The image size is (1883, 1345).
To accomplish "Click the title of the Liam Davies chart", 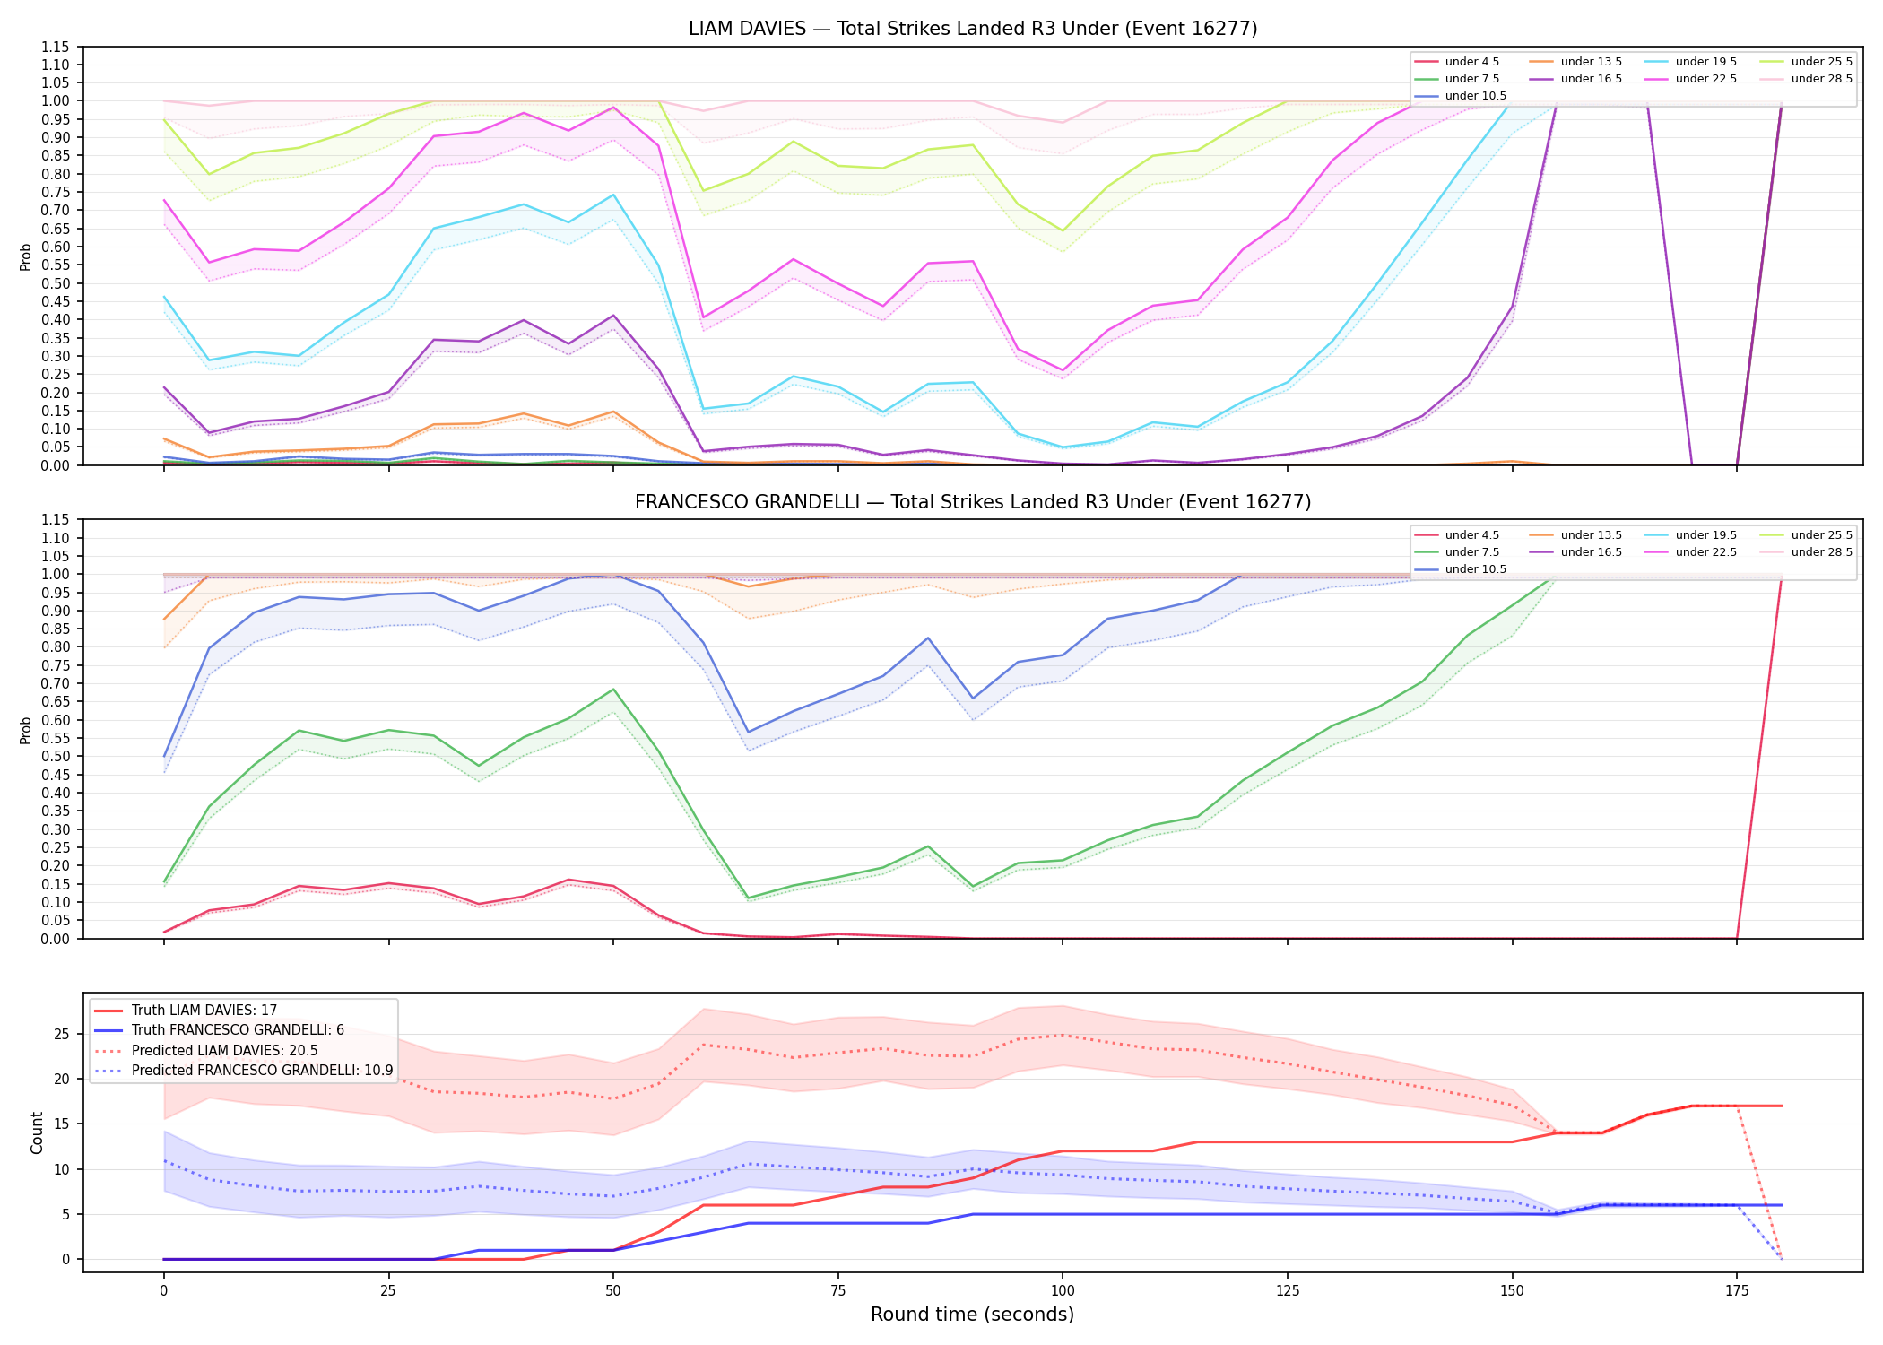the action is click(x=973, y=29).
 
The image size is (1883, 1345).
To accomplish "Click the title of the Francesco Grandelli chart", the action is click(x=973, y=502).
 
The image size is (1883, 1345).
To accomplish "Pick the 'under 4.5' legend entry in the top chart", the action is click(x=1457, y=62).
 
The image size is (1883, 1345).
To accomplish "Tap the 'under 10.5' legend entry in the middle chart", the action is click(x=1461, y=569).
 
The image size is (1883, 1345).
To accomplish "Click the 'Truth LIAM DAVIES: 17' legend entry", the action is click(x=186, y=1011).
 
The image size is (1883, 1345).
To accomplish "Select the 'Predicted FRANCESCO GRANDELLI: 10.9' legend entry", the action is click(x=243, y=1071).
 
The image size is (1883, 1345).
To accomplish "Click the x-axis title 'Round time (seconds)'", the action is click(x=972, y=1315).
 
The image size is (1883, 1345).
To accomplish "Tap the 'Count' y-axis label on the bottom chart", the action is click(x=37, y=1132).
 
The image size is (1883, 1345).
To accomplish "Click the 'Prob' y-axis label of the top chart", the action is click(x=26, y=257).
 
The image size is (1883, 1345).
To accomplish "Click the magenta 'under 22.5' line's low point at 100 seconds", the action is click(x=1063, y=370).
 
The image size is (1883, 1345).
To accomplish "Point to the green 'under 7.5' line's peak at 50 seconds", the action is click(x=613, y=690).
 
